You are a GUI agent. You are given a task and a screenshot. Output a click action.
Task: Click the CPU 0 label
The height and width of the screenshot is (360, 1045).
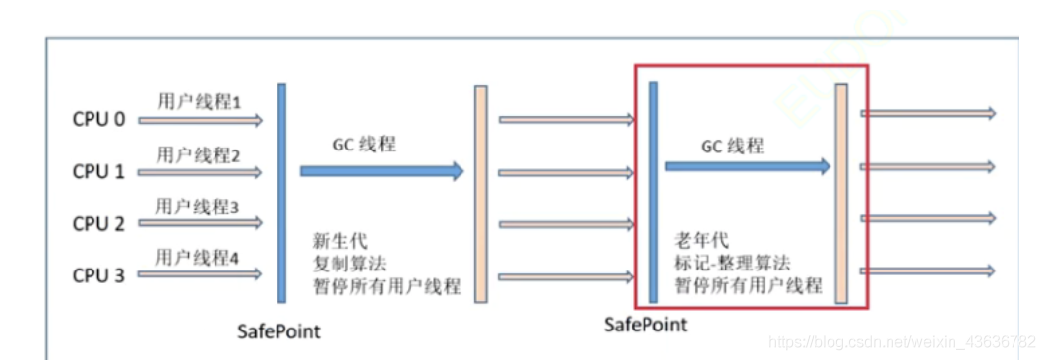coord(98,120)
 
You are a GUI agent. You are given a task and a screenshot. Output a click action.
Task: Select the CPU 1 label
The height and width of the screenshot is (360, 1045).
coord(98,172)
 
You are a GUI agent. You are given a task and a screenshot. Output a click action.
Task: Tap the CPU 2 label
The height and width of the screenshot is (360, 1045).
coord(98,224)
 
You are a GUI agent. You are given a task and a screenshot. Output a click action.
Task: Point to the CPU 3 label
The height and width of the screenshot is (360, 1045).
coord(98,276)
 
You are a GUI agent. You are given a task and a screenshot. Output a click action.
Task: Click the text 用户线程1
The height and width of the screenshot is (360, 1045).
coord(199,102)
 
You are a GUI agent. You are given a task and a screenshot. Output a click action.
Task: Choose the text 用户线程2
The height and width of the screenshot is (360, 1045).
coord(199,154)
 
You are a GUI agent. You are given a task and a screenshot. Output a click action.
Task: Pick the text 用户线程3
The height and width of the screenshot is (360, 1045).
coord(199,207)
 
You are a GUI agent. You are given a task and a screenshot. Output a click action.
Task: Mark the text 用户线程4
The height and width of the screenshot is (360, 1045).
coord(199,258)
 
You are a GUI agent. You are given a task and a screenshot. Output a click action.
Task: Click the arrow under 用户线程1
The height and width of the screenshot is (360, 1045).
coord(201,121)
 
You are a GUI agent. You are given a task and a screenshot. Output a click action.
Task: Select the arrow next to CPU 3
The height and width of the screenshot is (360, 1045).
coord(201,276)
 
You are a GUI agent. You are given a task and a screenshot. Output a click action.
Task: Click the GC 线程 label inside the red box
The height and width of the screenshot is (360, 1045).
coord(731,147)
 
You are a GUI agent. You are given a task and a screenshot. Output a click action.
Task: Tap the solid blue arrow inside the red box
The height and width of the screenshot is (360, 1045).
coord(747,167)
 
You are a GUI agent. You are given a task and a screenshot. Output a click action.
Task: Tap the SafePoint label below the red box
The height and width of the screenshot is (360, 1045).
coord(645,324)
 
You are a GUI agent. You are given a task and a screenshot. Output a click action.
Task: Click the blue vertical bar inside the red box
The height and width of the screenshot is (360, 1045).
coord(653,193)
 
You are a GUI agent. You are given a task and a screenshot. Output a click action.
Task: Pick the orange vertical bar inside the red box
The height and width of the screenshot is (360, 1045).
coord(841,191)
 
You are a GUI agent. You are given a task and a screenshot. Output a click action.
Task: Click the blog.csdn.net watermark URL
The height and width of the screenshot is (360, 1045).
coord(900,343)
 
